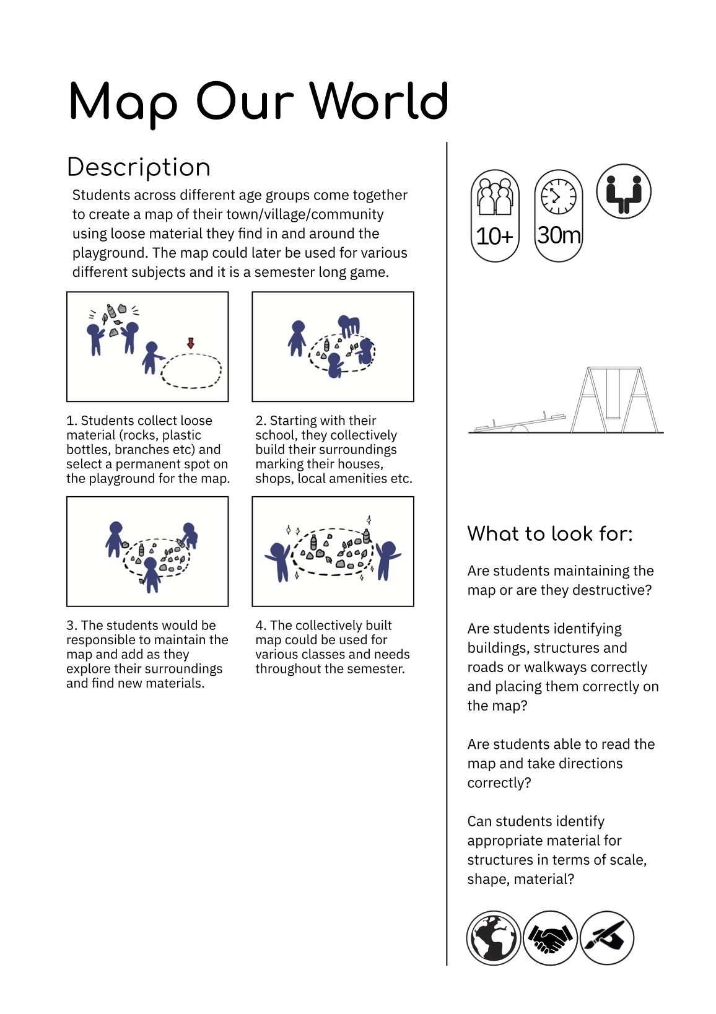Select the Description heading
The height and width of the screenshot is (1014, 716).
(x=139, y=167)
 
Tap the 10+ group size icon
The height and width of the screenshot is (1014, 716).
(x=495, y=216)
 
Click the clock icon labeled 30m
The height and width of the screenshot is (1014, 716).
(x=558, y=216)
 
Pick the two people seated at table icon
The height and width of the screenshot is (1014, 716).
(x=623, y=191)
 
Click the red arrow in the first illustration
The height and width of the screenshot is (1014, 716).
(x=191, y=343)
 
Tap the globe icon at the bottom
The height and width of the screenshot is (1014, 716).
(x=494, y=937)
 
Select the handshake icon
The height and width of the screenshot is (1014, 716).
(x=550, y=937)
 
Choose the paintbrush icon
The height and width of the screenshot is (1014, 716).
(x=607, y=937)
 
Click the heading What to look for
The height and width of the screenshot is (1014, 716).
(x=550, y=533)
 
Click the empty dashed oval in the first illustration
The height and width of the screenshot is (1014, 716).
(x=191, y=371)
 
